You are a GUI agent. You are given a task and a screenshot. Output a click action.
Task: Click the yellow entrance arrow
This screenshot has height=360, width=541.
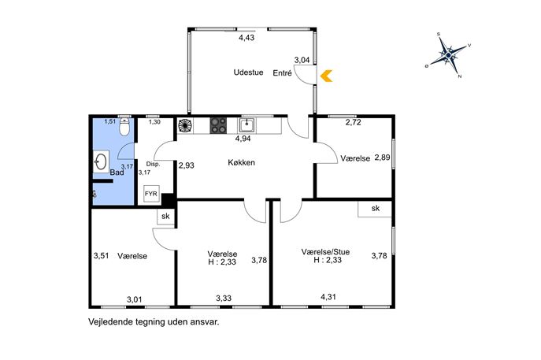tap(326, 76)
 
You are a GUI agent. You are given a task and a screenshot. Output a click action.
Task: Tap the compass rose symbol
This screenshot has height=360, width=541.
tap(448, 55)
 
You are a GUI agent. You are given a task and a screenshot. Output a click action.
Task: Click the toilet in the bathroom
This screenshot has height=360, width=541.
tap(124, 127)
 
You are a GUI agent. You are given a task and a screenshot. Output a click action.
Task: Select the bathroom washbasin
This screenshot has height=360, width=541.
tap(101, 161)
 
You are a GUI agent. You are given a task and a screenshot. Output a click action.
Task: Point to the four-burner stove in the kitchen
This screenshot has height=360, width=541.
tap(218, 125)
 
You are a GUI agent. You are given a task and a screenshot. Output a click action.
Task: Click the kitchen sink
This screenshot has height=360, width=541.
tap(246, 125)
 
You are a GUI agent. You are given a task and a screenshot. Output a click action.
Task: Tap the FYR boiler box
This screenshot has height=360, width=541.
tap(151, 194)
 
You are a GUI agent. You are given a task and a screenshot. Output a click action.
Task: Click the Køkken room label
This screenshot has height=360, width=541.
tap(242, 162)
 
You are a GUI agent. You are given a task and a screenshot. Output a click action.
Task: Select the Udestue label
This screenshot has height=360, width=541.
tap(248, 72)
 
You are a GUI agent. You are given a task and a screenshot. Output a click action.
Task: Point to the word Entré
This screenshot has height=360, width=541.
tap(282, 73)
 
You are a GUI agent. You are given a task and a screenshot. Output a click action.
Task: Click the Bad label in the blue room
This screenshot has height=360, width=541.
tap(117, 173)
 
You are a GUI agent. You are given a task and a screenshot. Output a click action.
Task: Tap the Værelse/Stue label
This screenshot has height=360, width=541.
tap(325, 252)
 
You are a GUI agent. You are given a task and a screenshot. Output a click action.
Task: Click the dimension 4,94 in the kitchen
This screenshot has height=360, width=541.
tap(243, 139)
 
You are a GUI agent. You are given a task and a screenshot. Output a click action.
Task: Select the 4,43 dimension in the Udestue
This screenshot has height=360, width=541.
tap(246, 38)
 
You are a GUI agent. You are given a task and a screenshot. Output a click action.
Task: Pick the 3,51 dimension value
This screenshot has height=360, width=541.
tap(101, 256)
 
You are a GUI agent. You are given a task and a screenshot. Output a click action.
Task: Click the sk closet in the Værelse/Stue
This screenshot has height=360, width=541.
tap(375, 209)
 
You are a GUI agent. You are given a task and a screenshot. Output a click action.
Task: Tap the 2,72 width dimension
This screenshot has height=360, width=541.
tap(354, 122)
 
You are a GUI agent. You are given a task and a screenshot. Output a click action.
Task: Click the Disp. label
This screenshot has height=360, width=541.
tap(153, 164)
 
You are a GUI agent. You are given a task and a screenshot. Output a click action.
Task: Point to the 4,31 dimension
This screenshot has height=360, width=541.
tap(328, 297)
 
